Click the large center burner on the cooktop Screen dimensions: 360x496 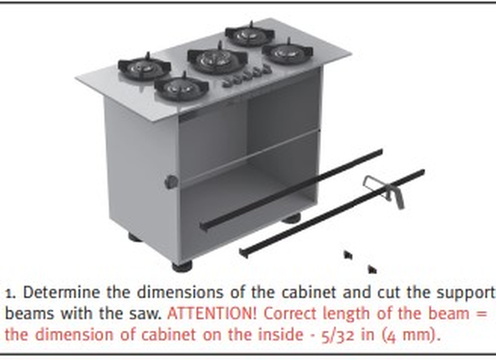[217, 58]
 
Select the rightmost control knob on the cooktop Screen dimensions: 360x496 [267, 69]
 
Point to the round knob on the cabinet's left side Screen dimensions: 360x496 [171, 182]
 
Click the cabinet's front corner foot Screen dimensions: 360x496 [182, 266]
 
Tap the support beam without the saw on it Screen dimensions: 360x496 [291, 190]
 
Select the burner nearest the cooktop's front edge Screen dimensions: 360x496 [181, 88]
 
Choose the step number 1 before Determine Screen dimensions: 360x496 [9, 294]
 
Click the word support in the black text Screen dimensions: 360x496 [464, 293]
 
